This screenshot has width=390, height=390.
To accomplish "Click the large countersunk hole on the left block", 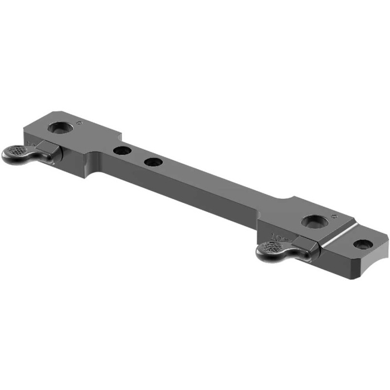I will pyautogui.click(x=59, y=128).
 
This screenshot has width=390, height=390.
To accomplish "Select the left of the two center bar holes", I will pyautogui.click(x=121, y=150).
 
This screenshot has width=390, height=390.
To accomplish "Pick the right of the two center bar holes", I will pyautogui.click(x=153, y=162).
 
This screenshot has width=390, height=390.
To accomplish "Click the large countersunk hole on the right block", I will pyautogui.click(x=314, y=221).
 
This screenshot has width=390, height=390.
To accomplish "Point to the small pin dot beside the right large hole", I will pyautogui.click(x=334, y=215).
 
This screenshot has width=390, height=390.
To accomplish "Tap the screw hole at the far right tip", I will pyautogui.click(x=363, y=244).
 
